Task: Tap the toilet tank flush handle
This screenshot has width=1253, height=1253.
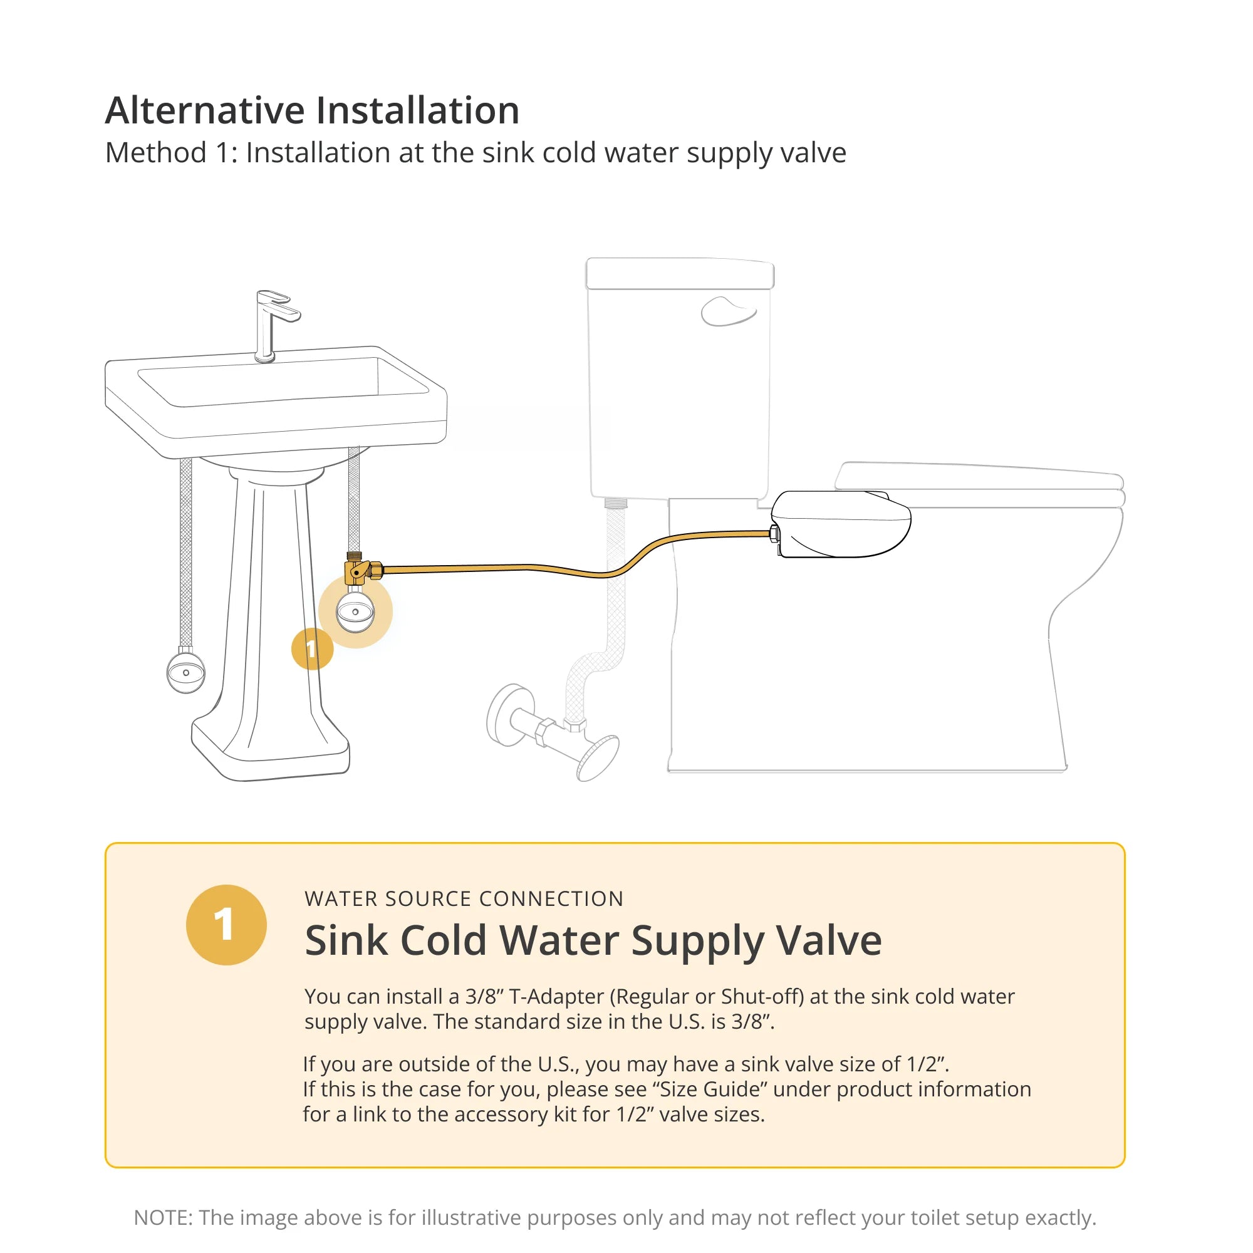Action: [x=727, y=311]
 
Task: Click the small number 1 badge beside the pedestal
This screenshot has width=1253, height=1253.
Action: [x=312, y=648]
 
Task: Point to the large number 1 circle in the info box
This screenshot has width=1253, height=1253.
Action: [x=226, y=925]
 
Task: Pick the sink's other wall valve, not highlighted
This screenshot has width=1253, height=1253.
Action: [x=186, y=672]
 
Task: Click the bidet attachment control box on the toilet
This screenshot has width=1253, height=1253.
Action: [x=841, y=524]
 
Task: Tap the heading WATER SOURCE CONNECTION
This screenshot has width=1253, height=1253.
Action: [x=464, y=899]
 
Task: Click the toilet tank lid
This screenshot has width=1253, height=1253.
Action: [x=680, y=274]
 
